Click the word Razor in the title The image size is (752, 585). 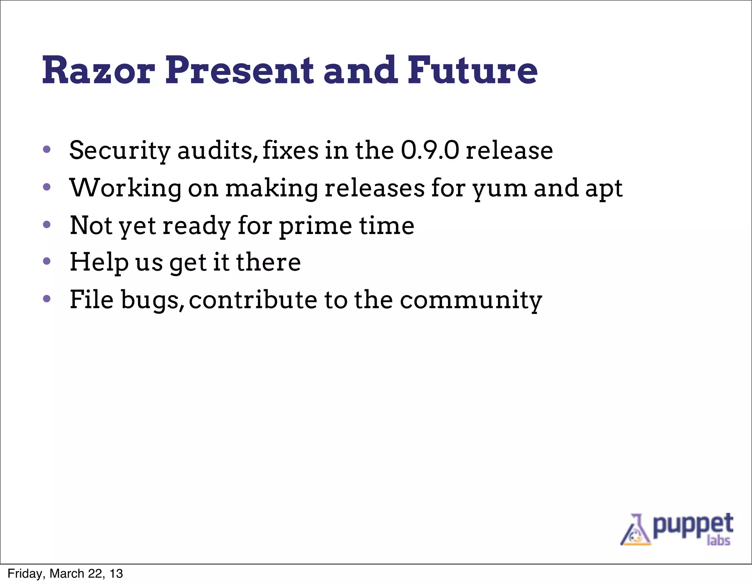[x=98, y=71]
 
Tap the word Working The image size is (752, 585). [x=126, y=188]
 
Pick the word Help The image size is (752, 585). [x=99, y=263]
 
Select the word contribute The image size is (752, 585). [x=253, y=300]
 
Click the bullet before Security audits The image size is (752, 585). [x=47, y=149]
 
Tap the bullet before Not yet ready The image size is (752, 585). [x=47, y=224]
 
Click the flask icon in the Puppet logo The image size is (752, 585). [x=635, y=531]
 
